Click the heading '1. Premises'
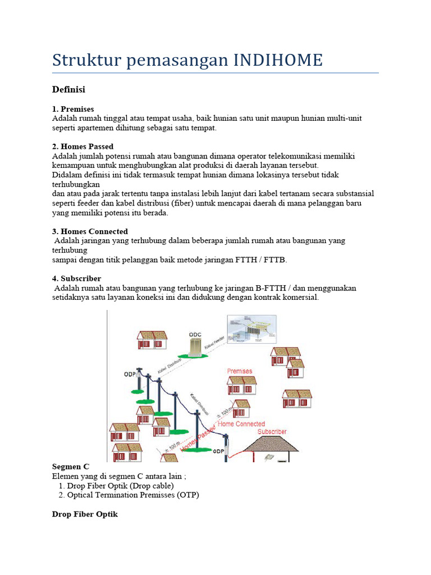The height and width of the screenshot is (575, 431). [73, 109]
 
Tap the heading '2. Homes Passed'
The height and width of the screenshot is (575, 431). [82, 147]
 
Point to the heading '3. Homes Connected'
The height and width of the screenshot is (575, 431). [90, 231]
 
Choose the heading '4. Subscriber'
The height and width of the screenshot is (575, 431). [76, 279]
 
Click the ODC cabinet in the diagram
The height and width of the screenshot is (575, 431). [195, 344]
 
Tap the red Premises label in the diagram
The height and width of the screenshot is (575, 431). [240, 371]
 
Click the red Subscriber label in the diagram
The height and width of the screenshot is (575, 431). [272, 431]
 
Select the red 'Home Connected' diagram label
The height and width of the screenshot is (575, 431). [241, 424]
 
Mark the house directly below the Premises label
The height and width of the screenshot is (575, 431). [242, 385]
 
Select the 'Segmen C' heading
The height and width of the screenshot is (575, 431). [70, 467]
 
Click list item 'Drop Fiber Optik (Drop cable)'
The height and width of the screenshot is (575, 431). [120, 485]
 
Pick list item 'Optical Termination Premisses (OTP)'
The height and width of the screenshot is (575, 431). [132, 495]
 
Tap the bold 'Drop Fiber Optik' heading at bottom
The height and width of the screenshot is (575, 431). [85, 514]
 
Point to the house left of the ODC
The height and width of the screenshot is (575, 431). [152, 340]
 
